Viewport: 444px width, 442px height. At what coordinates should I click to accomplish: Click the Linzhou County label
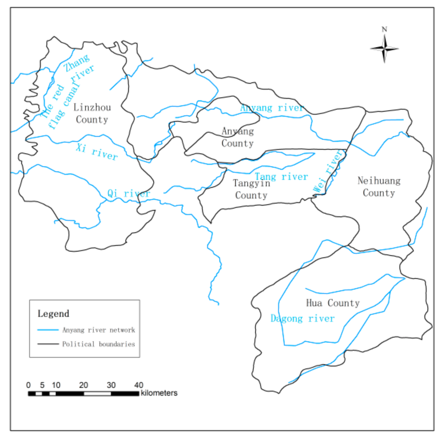92,114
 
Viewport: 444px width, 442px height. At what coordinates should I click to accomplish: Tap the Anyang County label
238,137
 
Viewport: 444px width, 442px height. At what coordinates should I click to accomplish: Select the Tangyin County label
251,189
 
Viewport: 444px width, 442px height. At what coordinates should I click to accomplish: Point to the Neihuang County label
379,187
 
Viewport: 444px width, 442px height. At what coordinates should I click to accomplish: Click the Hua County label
333,303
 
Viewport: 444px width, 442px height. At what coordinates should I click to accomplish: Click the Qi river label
129,193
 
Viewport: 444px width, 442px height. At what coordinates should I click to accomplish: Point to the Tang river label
281,177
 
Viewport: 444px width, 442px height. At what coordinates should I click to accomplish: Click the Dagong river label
302,318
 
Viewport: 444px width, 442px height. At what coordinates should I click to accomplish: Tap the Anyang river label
272,108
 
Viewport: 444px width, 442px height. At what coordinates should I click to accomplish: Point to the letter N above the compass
384,29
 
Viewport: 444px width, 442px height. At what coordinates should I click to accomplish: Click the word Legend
53,314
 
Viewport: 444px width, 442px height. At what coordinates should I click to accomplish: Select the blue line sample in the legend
48,330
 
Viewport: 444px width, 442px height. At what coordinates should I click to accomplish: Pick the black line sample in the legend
48,344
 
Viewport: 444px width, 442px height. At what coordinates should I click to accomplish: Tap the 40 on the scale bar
139,385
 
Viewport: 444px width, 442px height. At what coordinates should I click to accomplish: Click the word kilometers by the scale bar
159,393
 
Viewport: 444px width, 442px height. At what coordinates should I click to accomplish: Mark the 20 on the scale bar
83,385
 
